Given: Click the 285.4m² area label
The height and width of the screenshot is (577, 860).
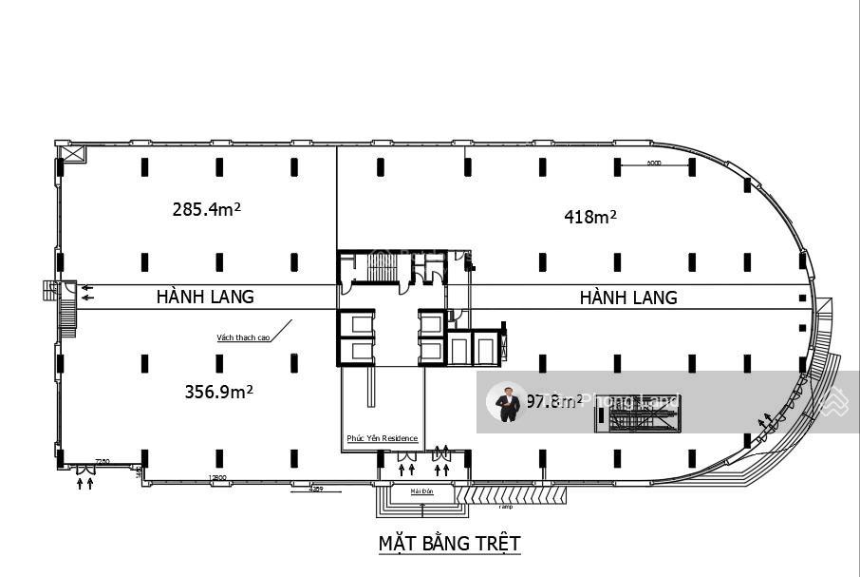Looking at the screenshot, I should [x=206, y=208].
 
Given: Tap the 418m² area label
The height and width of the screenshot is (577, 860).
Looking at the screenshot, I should [x=590, y=217].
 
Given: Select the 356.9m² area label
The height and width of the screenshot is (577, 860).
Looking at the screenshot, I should [x=218, y=391].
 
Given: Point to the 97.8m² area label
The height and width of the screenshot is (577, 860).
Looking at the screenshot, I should [x=554, y=401].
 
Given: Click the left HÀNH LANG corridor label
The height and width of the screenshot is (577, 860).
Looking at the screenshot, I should [x=205, y=297].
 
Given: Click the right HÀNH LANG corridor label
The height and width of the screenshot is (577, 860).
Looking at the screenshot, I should [x=628, y=298].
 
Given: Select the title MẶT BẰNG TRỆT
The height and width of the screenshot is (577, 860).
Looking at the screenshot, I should [x=450, y=543].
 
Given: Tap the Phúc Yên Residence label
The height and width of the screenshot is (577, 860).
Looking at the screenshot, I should [x=382, y=438].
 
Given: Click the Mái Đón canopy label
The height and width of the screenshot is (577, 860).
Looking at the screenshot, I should [x=421, y=491].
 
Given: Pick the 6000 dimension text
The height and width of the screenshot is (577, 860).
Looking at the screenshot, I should [x=653, y=163].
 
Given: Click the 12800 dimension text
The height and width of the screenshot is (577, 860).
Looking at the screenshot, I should [x=217, y=478].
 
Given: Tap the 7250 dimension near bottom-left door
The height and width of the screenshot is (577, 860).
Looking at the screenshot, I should [x=102, y=462].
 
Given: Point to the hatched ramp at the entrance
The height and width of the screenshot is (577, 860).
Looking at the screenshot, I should [x=516, y=494].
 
